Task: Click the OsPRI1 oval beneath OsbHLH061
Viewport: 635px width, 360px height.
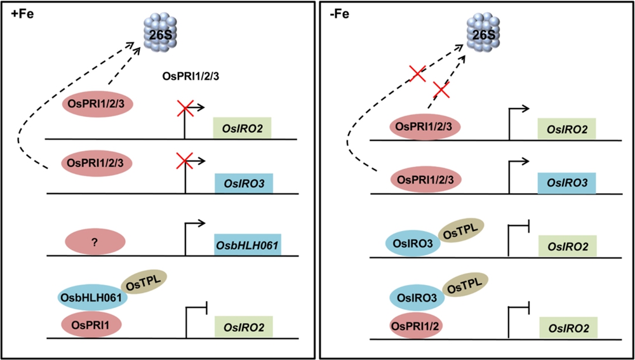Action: point(91,324)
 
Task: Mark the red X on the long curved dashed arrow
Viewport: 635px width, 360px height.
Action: point(417,74)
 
